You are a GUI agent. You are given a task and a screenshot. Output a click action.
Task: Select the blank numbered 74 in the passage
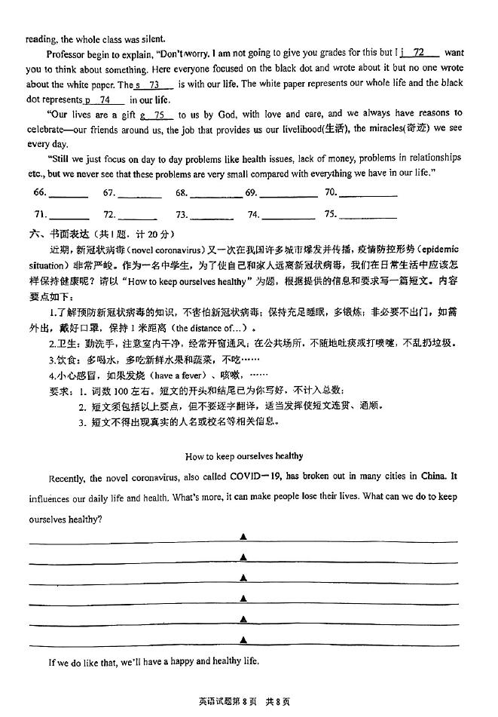tap(105, 100)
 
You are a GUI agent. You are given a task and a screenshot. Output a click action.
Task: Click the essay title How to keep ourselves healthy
tap(243, 455)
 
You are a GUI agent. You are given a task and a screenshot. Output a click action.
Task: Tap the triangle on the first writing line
tap(243, 536)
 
